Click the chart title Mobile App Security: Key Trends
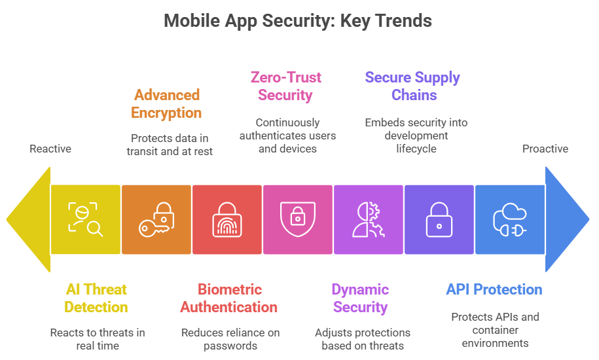(298, 20)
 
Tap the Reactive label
(50, 149)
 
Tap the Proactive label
(545, 149)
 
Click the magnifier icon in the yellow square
(85, 219)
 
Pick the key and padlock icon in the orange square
(156, 219)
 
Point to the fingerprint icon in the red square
(227, 220)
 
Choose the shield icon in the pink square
(297, 219)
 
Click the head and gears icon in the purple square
(369, 219)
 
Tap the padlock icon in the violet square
(439, 219)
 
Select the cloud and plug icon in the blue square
(509, 219)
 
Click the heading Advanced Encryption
(166, 103)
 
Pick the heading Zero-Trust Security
(286, 86)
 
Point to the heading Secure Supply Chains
(412, 86)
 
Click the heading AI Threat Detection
(96, 298)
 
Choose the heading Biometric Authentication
(229, 298)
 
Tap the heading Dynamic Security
(360, 298)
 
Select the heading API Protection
(494, 289)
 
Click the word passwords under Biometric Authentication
(230, 346)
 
